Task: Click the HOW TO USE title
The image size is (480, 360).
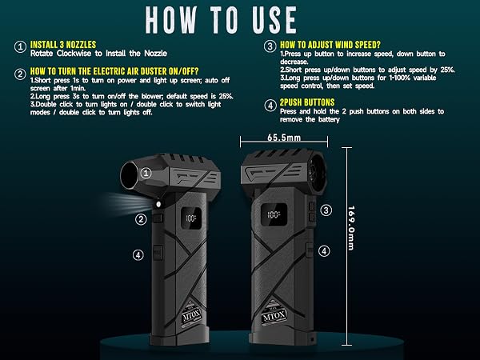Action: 221,19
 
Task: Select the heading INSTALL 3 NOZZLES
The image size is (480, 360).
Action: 63,44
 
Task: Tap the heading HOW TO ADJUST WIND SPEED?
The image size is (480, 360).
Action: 330,45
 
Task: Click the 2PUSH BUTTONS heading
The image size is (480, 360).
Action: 307,102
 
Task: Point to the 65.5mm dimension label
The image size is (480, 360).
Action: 284,138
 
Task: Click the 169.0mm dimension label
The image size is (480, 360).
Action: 351,228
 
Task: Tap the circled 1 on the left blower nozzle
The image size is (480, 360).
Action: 146,173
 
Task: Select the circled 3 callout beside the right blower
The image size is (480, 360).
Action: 326,210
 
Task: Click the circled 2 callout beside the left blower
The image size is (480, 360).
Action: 141,219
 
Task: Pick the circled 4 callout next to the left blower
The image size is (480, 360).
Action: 138,254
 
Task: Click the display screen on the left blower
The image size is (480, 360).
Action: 191,218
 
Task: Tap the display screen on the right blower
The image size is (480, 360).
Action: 274,214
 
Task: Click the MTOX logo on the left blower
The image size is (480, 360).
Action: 191,314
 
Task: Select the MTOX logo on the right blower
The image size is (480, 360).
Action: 274,315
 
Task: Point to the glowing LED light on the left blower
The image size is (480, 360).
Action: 158,204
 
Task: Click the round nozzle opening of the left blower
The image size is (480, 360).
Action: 130,175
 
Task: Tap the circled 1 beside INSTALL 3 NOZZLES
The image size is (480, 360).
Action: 20,47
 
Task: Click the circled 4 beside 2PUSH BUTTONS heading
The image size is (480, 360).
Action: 270,106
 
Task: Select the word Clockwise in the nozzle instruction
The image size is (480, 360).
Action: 74,54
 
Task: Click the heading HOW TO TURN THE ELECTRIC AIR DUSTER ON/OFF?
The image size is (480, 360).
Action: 114,71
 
